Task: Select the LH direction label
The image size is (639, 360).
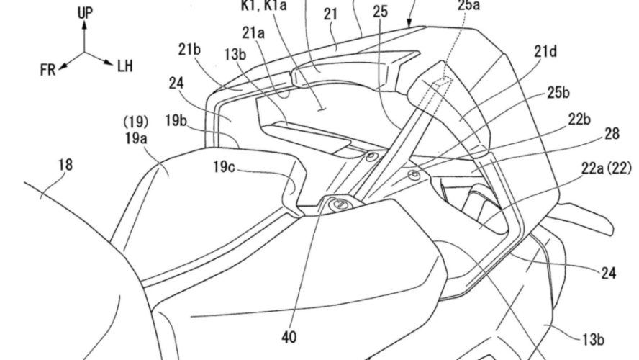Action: point(124,67)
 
